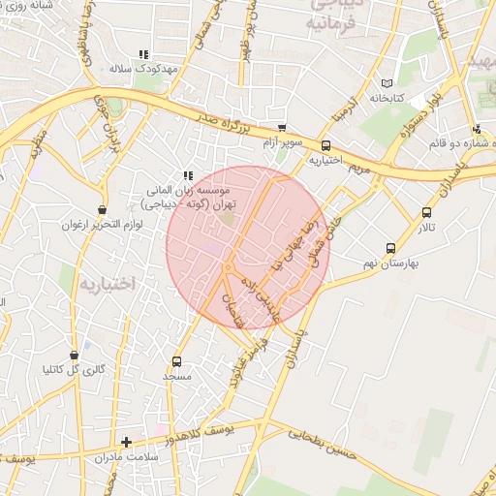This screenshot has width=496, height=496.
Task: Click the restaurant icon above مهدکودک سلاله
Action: pyautogui.click(x=143, y=54)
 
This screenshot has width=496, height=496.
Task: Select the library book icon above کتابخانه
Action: pyautogui.click(x=388, y=83)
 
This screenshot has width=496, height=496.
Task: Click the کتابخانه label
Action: pyautogui.click(x=386, y=98)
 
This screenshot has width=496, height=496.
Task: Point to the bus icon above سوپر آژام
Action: pyautogui.click(x=282, y=128)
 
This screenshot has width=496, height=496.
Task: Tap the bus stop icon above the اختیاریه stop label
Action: pyautogui.click(x=325, y=146)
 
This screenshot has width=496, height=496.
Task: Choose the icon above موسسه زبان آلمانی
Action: pyautogui.click(x=188, y=175)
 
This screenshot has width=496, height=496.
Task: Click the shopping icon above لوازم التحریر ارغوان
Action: pyautogui.click(x=103, y=209)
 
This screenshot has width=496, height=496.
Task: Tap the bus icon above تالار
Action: pyautogui.click(x=426, y=213)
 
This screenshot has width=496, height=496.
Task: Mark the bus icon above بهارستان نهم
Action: pyautogui.click(x=390, y=248)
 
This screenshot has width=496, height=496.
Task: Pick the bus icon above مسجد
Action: pyautogui.click(x=176, y=360)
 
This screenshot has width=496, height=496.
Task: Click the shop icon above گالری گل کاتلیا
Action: pyautogui.click(x=75, y=355)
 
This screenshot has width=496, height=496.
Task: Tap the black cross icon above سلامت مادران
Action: pyautogui.click(x=126, y=442)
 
